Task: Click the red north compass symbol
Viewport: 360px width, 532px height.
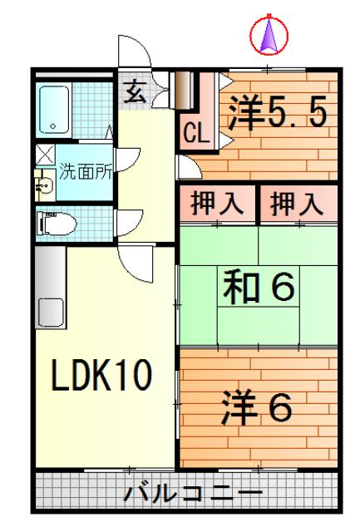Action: click(x=269, y=34)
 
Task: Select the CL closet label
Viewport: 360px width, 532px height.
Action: click(x=195, y=131)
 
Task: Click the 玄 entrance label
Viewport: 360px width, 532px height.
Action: click(x=134, y=91)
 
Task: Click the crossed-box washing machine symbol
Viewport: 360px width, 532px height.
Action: click(x=43, y=154)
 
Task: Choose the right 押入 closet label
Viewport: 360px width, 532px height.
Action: click(x=295, y=203)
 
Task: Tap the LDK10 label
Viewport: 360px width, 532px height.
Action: click(x=101, y=376)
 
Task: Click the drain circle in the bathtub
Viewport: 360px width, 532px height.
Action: click(x=52, y=127)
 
